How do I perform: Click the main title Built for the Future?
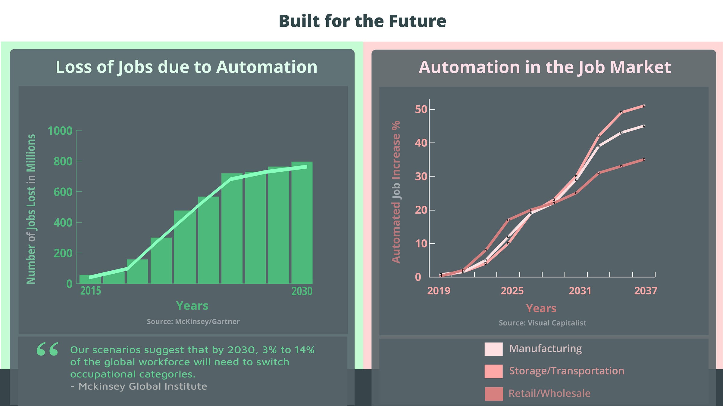click(362, 21)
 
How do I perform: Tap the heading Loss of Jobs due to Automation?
click(186, 67)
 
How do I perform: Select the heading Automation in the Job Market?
click(545, 67)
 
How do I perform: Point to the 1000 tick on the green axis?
click(60, 131)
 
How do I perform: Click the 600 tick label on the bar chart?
click(63, 192)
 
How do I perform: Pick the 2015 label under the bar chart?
click(90, 291)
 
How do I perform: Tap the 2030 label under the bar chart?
click(302, 291)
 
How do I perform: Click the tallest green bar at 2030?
click(302, 223)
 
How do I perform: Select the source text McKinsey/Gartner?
click(207, 321)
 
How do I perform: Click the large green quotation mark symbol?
click(48, 349)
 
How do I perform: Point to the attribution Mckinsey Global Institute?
click(143, 386)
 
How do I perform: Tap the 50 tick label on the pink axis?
click(421, 109)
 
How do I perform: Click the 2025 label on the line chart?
click(512, 291)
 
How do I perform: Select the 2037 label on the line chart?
click(646, 291)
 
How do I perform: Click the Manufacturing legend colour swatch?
click(493, 349)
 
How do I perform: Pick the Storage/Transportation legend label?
click(567, 371)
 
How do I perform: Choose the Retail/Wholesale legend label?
click(549, 393)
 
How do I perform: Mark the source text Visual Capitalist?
click(557, 323)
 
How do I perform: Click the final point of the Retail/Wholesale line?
click(644, 159)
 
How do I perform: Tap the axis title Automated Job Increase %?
click(396, 192)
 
